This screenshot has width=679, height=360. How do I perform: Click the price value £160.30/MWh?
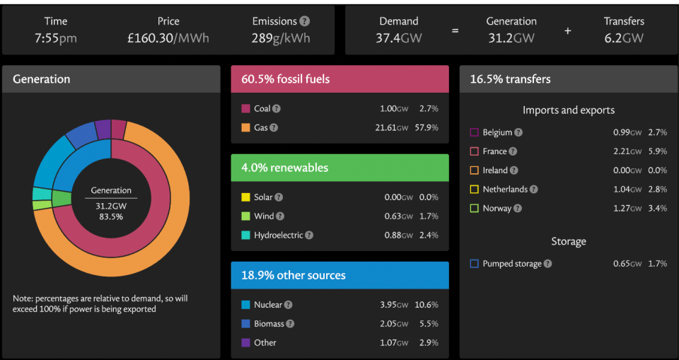coord(168,38)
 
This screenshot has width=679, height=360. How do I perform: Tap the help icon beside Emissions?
coord(305,21)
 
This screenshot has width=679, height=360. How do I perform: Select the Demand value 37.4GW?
coord(398,38)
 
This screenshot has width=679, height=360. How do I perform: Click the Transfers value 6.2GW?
coord(624,38)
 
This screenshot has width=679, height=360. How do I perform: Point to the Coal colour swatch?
coord(245,109)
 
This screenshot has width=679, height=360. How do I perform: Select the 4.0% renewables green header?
coord(340,168)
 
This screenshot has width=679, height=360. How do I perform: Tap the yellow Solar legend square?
coord(245,197)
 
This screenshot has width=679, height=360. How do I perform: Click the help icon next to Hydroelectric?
coord(309,236)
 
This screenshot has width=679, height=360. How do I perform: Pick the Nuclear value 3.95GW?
coord(394,305)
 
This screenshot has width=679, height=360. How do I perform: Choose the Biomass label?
coord(269,324)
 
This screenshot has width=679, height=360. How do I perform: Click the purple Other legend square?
coord(245,342)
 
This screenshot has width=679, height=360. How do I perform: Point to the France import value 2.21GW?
coord(627,151)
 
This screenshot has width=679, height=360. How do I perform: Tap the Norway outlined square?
coord(474,209)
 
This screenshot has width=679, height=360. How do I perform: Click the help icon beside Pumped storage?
coord(547,264)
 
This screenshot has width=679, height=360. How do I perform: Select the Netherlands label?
coord(505,190)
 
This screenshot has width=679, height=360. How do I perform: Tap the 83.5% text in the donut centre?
coord(111,216)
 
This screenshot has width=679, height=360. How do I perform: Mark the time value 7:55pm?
coord(56,38)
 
